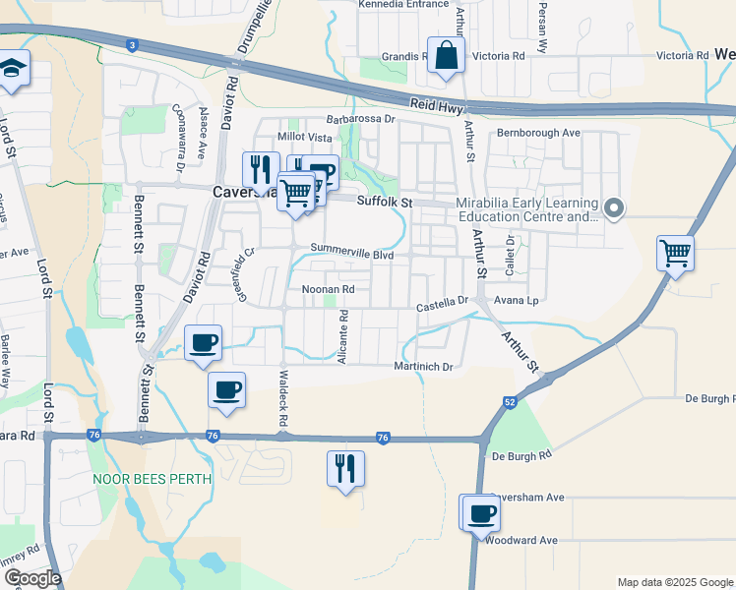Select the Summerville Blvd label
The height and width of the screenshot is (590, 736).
pos(351,252)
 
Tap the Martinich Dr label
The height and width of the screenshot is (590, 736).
pos(424,367)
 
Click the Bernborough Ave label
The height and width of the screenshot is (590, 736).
pos(538,132)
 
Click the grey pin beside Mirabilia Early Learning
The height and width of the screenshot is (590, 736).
pos(614,208)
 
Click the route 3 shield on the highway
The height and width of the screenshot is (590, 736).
pos(131,44)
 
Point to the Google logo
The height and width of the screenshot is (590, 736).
pos(31,578)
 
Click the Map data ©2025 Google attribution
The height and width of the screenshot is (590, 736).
pos(675,582)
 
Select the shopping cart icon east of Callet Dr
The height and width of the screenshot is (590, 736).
pos(675,253)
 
